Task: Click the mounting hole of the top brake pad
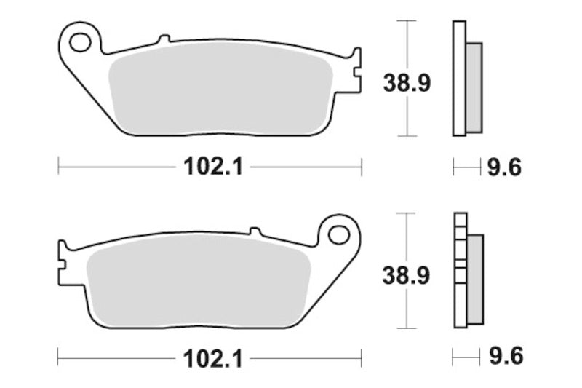click(81, 41)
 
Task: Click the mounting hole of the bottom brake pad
click(338, 234)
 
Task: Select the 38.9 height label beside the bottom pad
click(407, 275)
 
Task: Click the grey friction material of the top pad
click(218, 91)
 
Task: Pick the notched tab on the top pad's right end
click(355, 71)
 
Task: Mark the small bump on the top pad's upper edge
click(164, 37)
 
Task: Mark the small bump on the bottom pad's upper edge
click(255, 231)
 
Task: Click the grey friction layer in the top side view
click(474, 87)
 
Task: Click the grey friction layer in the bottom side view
click(474, 278)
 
